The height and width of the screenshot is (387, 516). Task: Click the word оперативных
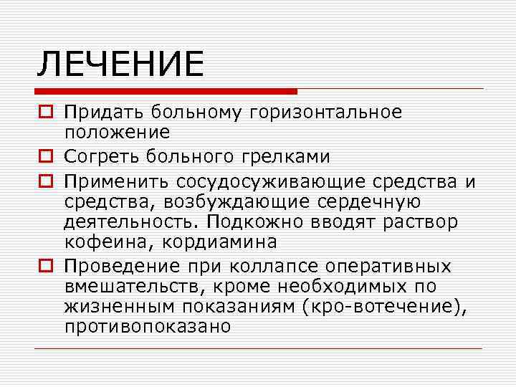pyautogui.click(x=388, y=267)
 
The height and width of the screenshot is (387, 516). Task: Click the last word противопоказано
pyautogui.click(x=148, y=328)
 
